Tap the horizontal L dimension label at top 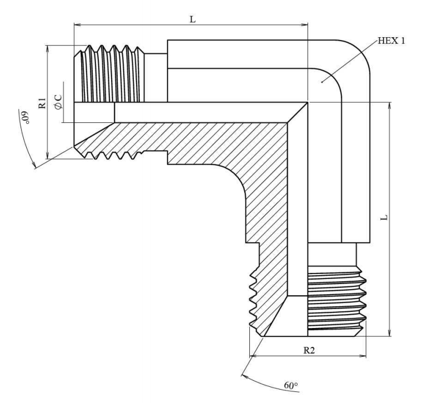point(192,19)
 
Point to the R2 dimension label point(308,350)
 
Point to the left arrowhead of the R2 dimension point(254,356)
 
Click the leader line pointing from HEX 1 point(349,61)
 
